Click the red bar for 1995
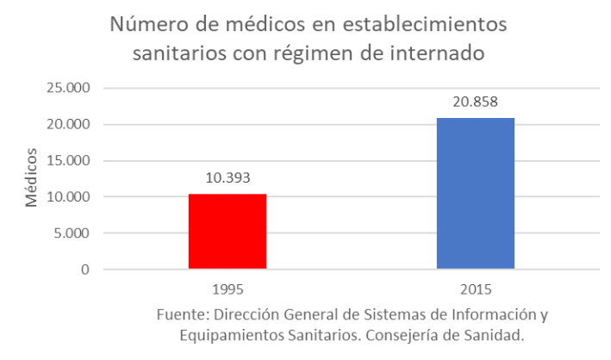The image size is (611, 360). [x=228, y=232]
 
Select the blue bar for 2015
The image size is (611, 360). [x=476, y=194]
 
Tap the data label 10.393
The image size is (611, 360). [x=228, y=179]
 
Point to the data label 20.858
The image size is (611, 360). [x=476, y=102]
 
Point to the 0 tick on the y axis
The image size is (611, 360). [x=85, y=270]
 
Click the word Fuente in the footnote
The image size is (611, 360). [x=179, y=313]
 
